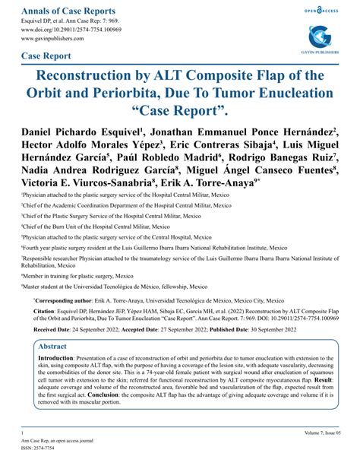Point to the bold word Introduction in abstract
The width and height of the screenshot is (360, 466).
point(61,358)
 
